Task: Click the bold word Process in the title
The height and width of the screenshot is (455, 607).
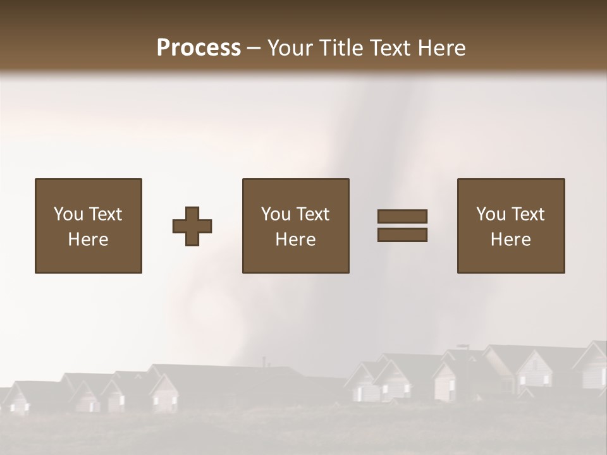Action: point(199,48)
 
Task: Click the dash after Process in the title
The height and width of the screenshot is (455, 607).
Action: point(254,49)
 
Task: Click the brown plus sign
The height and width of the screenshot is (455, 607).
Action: point(192,226)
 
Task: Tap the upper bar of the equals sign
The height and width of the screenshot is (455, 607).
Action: point(402,216)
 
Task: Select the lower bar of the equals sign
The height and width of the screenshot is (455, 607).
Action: point(402,235)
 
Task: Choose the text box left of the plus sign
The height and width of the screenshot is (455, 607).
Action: point(89,226)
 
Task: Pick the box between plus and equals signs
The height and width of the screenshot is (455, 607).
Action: point(296,226)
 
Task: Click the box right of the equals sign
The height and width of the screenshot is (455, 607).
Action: point(511,226)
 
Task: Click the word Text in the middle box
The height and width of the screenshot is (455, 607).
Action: point(313,214)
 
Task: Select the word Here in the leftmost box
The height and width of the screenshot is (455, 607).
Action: point(89,240)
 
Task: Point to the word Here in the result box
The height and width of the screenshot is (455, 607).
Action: point(511,240)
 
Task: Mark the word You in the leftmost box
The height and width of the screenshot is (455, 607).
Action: point(68,214)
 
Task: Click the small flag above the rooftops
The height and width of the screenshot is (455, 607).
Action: point(463,346)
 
